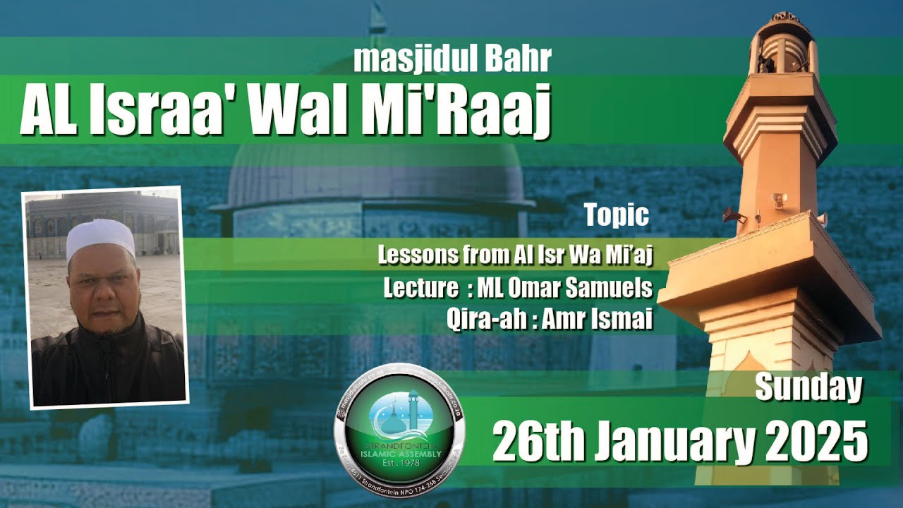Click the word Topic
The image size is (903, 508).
tap(617, 215)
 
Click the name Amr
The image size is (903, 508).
tap(565, 320)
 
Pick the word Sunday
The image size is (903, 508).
tap(808, 387)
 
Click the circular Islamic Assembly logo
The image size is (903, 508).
tap(399, 433)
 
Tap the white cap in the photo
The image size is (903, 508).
tap(100, 236)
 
